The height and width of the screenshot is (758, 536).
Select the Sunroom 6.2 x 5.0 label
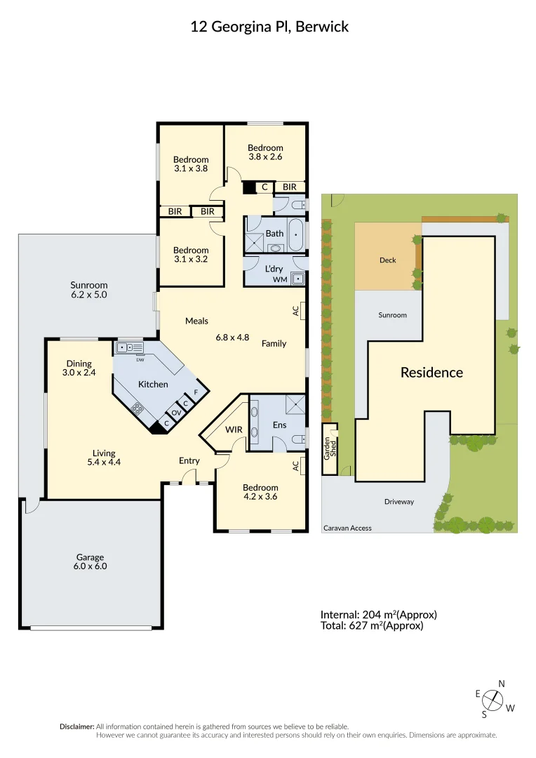(89, 290)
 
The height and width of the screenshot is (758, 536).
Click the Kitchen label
(153, 384)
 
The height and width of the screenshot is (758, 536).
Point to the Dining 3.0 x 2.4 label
(79, 368)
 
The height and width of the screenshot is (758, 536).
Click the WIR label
(234, 429)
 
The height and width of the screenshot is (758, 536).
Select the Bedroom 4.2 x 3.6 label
(260, 492)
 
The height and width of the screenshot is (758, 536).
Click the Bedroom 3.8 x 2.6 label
(265, 152)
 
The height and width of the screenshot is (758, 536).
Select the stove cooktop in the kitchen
(136, 408)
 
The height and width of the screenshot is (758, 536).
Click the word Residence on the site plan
(431, 373)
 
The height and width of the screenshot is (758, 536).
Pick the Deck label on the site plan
(388, 260)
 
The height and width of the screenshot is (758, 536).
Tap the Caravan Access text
(348, 528)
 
